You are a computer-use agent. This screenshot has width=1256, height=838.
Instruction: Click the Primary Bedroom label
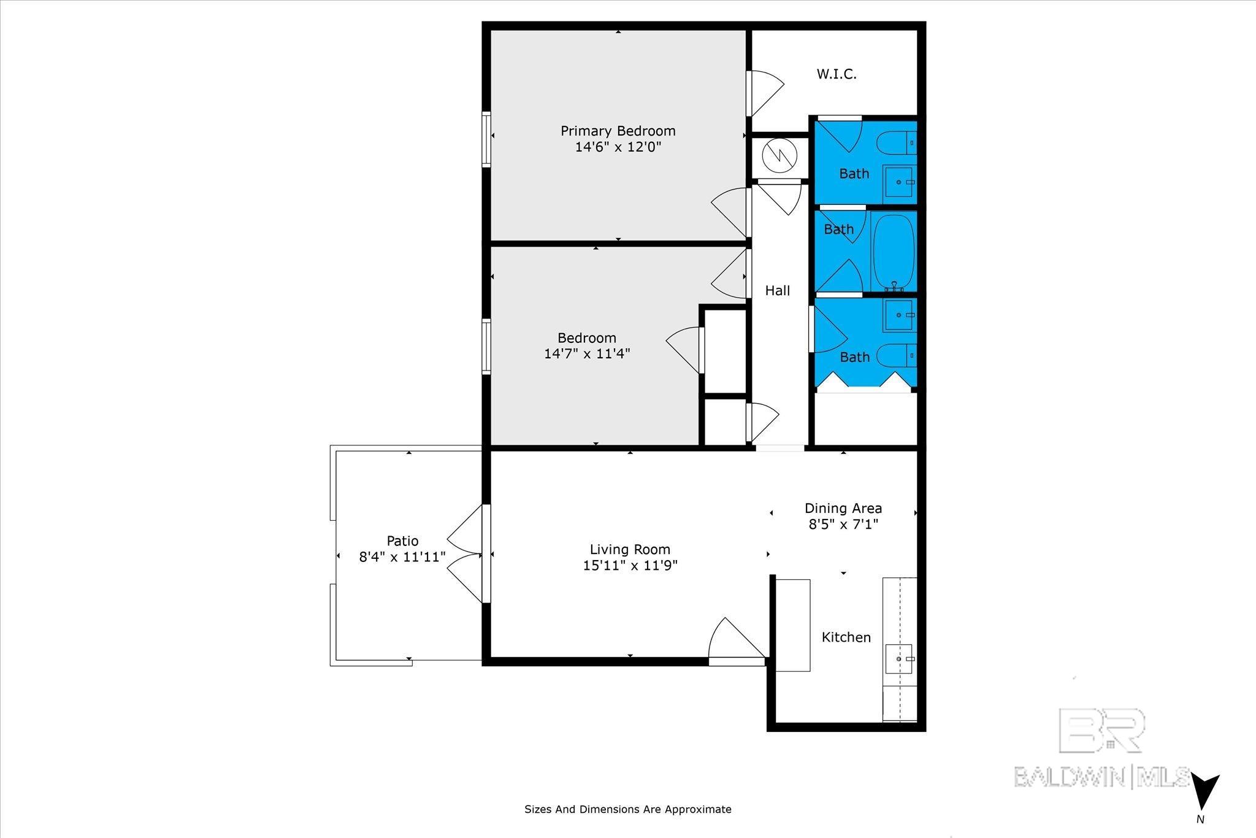point(618,131)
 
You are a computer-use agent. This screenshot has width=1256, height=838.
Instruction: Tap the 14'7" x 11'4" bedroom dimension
point(587,354)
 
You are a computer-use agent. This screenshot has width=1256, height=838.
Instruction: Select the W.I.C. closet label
point(837,74)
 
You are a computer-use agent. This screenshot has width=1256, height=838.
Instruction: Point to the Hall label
point(777,291)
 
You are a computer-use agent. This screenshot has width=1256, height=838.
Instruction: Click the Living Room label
point(630,550)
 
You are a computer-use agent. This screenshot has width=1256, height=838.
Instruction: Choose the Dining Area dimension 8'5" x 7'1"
point(843,525)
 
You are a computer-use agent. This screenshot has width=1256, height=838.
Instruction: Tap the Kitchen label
point(846,637)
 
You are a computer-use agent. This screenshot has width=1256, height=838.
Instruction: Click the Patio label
point(402,541)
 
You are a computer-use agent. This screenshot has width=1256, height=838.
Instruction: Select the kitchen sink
point(899,659)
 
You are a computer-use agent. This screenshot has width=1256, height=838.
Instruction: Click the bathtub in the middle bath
point(894,252)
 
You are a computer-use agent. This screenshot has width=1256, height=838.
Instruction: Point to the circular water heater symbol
point(778,156)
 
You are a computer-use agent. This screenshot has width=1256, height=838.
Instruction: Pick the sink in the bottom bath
point(900,315)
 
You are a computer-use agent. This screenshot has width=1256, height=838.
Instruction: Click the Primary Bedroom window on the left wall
point(486,139)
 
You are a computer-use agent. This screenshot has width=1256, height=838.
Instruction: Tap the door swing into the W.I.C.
point(765,94)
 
